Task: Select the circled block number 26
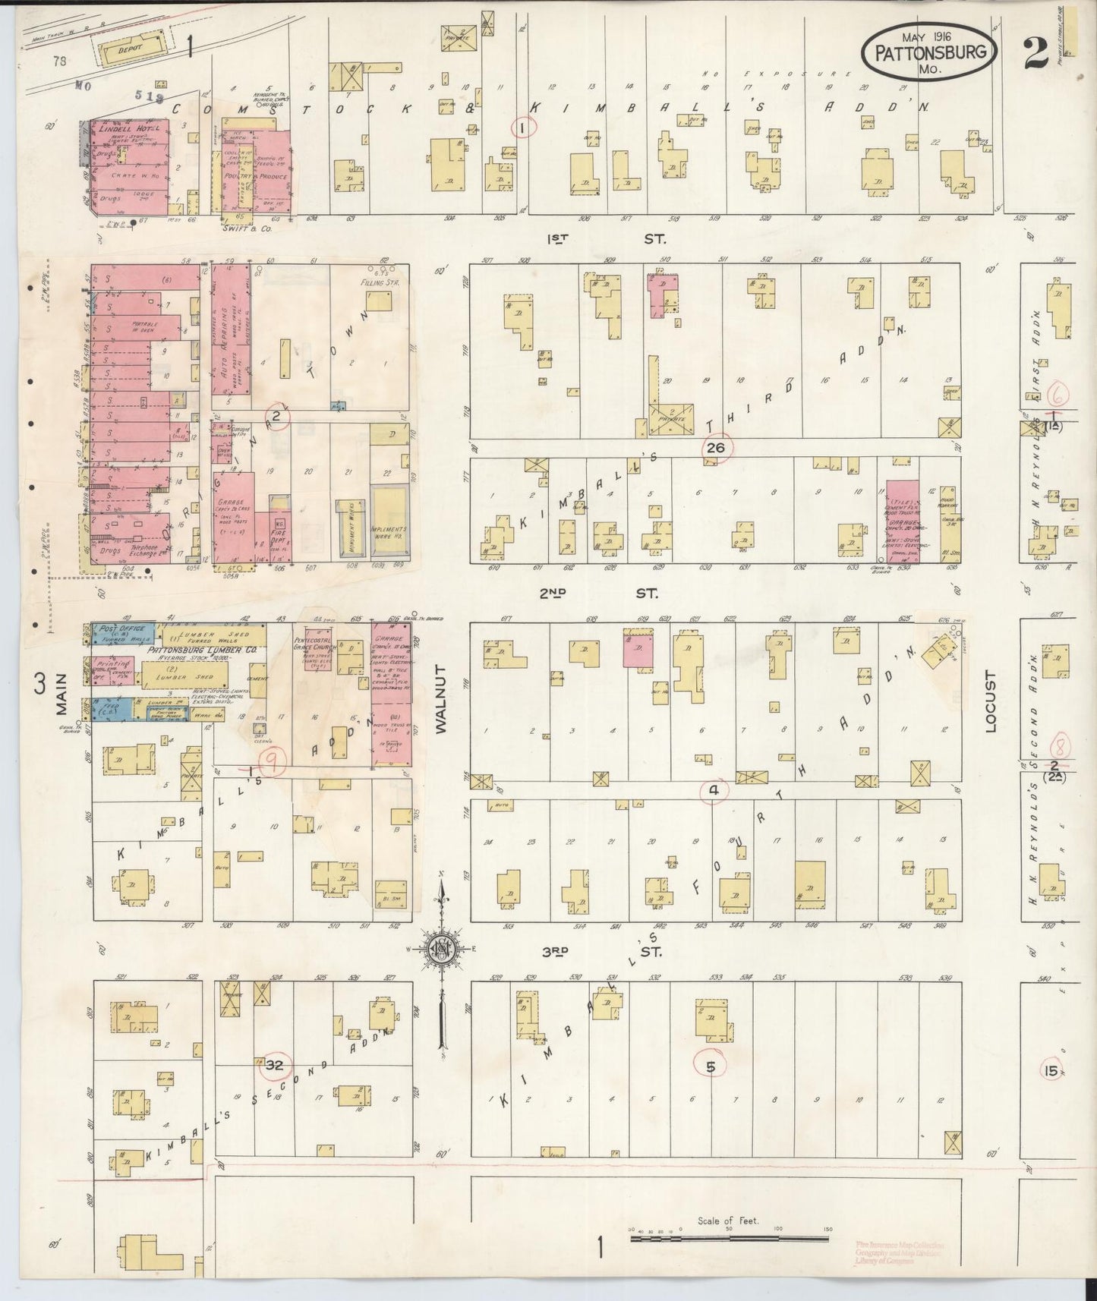point(715,448)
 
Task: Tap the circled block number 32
point(273,1065)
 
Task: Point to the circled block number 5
point(710,1066)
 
